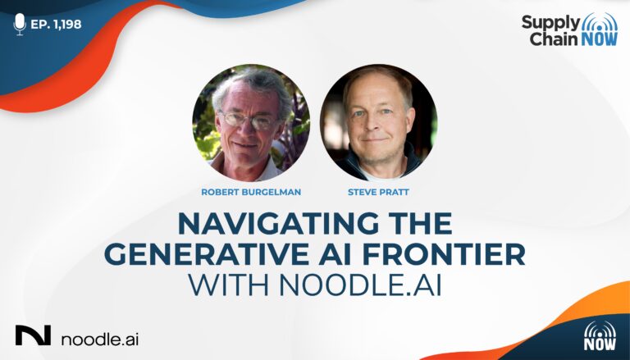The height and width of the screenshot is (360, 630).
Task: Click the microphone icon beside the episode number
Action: tap(20, 24)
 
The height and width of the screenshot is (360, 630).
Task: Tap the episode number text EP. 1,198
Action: tap(56, 25)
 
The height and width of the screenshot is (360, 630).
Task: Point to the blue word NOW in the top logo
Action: tap(597, 39)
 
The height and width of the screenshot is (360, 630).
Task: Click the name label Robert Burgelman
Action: tap(251, 192)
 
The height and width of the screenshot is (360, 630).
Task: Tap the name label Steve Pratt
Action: tap(378, 192)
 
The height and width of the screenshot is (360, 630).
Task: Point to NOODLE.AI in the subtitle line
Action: tap(360, 285)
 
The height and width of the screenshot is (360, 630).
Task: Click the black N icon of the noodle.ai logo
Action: tap(34, 335)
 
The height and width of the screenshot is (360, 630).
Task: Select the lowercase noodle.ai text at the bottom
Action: tap(100, 339)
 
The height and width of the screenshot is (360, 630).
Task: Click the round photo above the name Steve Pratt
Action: tap(379, 122)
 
